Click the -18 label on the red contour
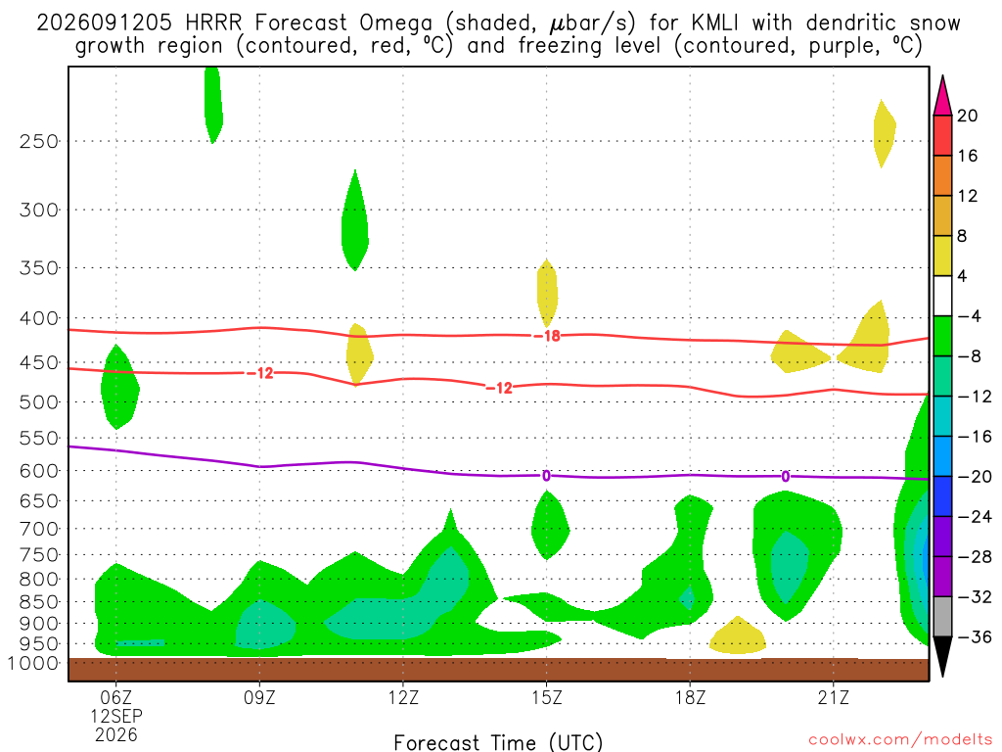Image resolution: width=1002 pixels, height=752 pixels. pos(548,336)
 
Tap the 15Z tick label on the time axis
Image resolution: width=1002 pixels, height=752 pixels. pos(546,697)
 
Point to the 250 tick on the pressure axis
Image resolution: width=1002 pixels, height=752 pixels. pos(39,141)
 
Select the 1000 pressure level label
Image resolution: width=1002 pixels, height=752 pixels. pos(32,663)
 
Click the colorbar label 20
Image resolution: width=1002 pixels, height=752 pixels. pos(967,116)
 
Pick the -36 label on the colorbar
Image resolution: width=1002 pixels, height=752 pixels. pos(976,636)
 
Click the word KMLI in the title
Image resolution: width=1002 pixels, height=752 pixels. pos(714,23)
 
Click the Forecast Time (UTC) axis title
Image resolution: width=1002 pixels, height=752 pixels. pos(498,742)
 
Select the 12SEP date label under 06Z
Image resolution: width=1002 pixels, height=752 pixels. pos(116,716)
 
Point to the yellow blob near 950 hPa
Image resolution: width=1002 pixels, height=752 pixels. pos(738,636)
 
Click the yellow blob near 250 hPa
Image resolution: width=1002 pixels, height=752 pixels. pos(884,133)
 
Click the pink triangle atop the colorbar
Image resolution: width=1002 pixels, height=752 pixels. pos(942,97)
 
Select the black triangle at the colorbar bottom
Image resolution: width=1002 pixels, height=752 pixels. pos(942,655)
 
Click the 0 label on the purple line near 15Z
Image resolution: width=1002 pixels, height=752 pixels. pos(546,476)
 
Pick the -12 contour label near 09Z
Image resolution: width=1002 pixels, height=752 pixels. pos(260,373)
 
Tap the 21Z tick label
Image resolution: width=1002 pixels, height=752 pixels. pos(834,697)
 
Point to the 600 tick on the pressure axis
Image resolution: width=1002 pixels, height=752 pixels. pos(39,471)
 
